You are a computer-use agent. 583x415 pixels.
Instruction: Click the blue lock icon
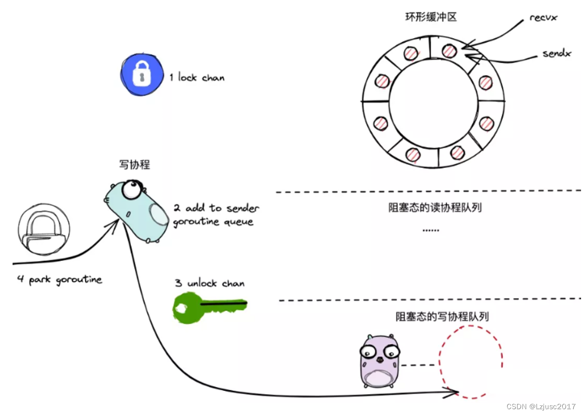coord(140,76)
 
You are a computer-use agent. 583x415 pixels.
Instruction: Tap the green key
coord(209,307)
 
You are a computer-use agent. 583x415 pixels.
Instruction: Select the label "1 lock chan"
coord(197,77)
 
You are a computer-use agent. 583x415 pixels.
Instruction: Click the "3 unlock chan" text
coord(209,283)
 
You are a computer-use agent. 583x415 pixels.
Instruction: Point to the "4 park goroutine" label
coord(59,279)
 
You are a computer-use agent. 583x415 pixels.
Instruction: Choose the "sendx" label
coord(556,53)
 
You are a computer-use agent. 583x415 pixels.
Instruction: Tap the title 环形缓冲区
coord(431,17)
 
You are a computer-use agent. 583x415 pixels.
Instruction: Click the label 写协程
coord(134,165)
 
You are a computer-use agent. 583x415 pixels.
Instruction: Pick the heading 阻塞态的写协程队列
coord(442,317)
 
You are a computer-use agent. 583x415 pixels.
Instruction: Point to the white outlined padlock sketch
coord(44,230)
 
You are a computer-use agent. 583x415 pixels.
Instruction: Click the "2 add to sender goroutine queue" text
coord(216,215)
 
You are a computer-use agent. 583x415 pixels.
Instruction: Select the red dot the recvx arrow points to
coord(449,50)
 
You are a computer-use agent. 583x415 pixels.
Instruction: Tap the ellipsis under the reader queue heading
coord(431,230)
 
